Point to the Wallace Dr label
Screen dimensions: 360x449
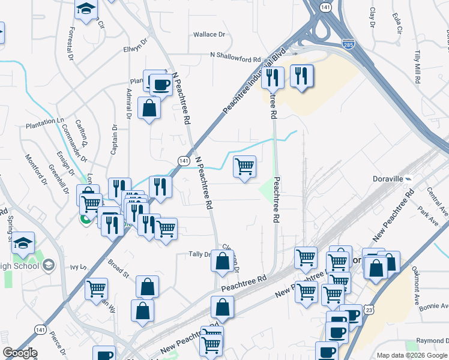209,35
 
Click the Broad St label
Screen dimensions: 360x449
118,267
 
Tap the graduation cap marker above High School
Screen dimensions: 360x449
23,242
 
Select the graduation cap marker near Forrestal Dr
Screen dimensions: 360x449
86,10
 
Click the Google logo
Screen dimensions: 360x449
19,353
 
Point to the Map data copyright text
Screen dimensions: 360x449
412,355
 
